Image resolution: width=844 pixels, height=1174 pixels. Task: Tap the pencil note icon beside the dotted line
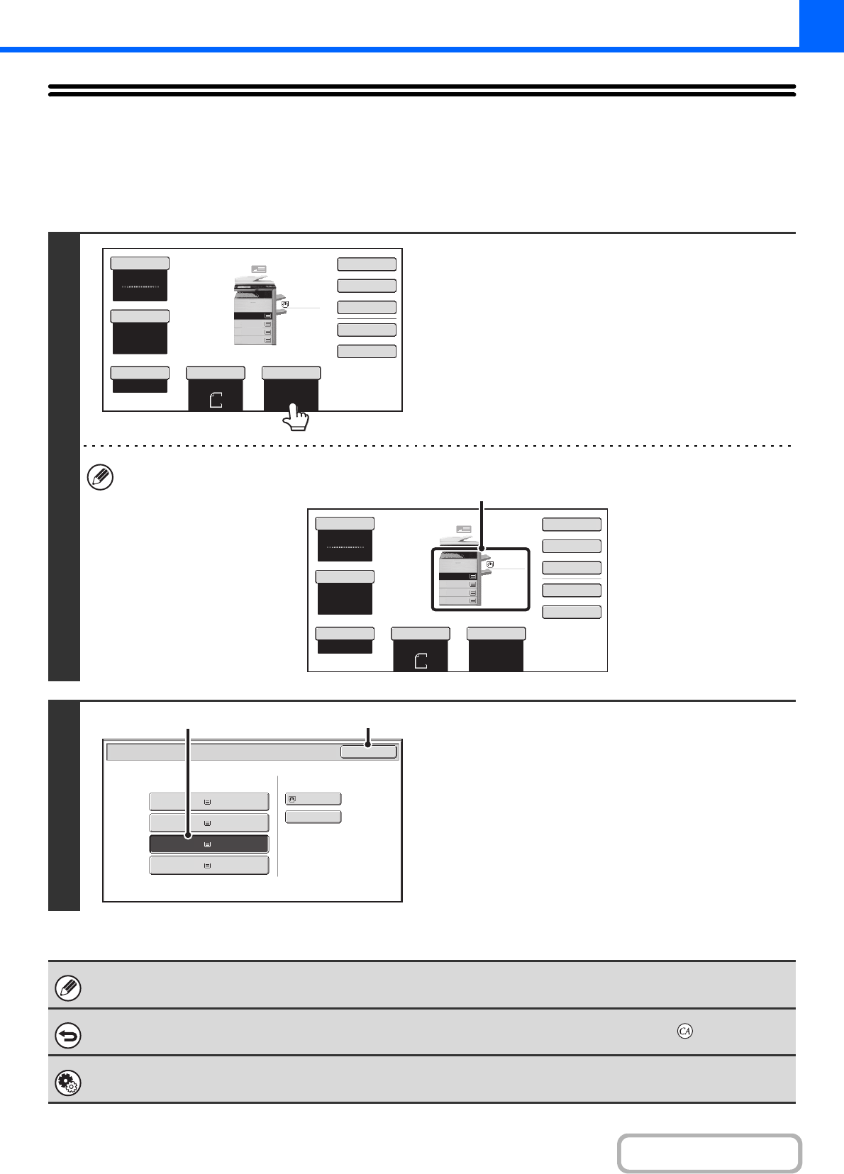tap(100, 478)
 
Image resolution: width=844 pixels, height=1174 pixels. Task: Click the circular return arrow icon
tap(68, 1036)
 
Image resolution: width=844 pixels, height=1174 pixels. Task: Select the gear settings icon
tap(68, 1083)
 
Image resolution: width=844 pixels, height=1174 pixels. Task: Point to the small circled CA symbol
tap(684, 1031)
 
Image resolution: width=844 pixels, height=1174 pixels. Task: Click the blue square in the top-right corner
tap(821, 23)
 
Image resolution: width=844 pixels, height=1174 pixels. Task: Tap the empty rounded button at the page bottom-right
tap(709, 1153)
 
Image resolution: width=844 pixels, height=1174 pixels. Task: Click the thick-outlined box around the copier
tap(481, 578)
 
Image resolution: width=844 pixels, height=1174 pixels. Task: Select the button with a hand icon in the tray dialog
tap(313, 799)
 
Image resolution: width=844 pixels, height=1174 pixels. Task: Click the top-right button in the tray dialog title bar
tap(368, 751)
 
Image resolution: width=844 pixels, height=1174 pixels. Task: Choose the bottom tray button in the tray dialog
tap(209, 866)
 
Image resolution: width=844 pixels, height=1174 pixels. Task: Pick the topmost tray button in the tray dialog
tap(209, 802)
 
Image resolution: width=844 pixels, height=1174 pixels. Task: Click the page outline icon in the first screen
tap(216, 400)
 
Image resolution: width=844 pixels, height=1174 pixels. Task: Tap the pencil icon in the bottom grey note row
tap(68, 988)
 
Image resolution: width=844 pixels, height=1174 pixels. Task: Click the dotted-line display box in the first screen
tap(140, 286)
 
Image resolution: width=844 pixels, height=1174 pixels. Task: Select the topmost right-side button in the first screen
tap(366, 264)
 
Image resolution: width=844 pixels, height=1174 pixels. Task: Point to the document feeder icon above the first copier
tap(258, 270)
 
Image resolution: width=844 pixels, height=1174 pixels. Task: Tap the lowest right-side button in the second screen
tap(571, 612)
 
